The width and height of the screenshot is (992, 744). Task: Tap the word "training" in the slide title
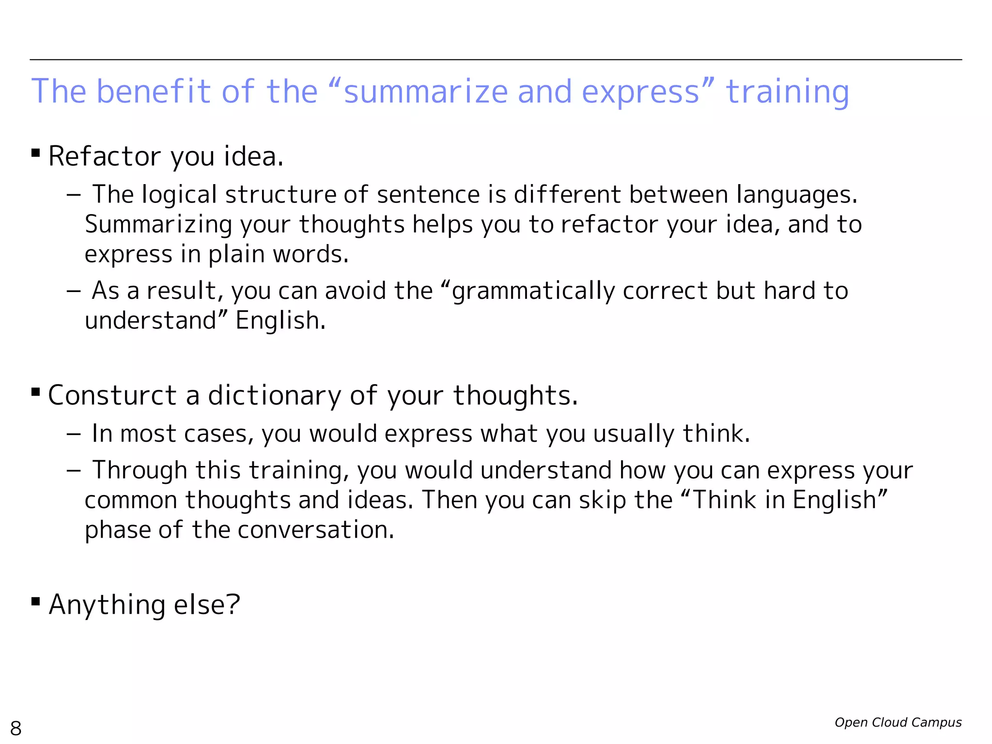pyautogui.click(x=787, y=92)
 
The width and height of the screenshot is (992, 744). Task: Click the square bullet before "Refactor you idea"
pyautogui.click(x=35, y=154)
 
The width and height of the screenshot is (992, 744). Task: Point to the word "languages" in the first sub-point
pyautogui.click(x=796, y=195)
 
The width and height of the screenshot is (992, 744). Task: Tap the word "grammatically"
pyautogui.click(x=533, y=291)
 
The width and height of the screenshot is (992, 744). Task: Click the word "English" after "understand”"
pyautogui.click(x=280, y=321)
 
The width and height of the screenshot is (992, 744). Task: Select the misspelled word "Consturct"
pyautogui.click(x=112, y=395)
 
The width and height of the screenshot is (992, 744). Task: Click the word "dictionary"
pyautogui.click(x=275, y=395)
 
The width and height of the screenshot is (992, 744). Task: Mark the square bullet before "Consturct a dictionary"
pyautogui.click(x=35, y=392)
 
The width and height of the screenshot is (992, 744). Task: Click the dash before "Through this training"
pyautogui.click(x=74, y=470)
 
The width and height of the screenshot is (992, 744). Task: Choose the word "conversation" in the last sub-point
pyautogui.click(x=316, y=530)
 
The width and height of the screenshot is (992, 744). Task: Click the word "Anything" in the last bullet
pyautogui.click(x=107, y=605)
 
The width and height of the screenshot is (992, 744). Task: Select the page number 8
pyautogui.click(x=16, y=728)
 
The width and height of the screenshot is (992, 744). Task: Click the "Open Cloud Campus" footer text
pyautogui.click(x=898, y=722)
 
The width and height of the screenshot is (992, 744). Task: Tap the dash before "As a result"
pyautogui.click(x=74, y=291)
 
